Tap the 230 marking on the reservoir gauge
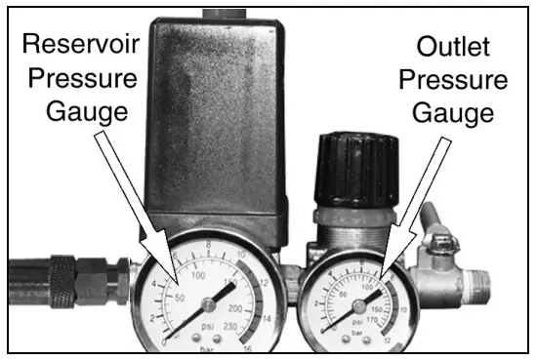pyautogui.click(x=230, y=328)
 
